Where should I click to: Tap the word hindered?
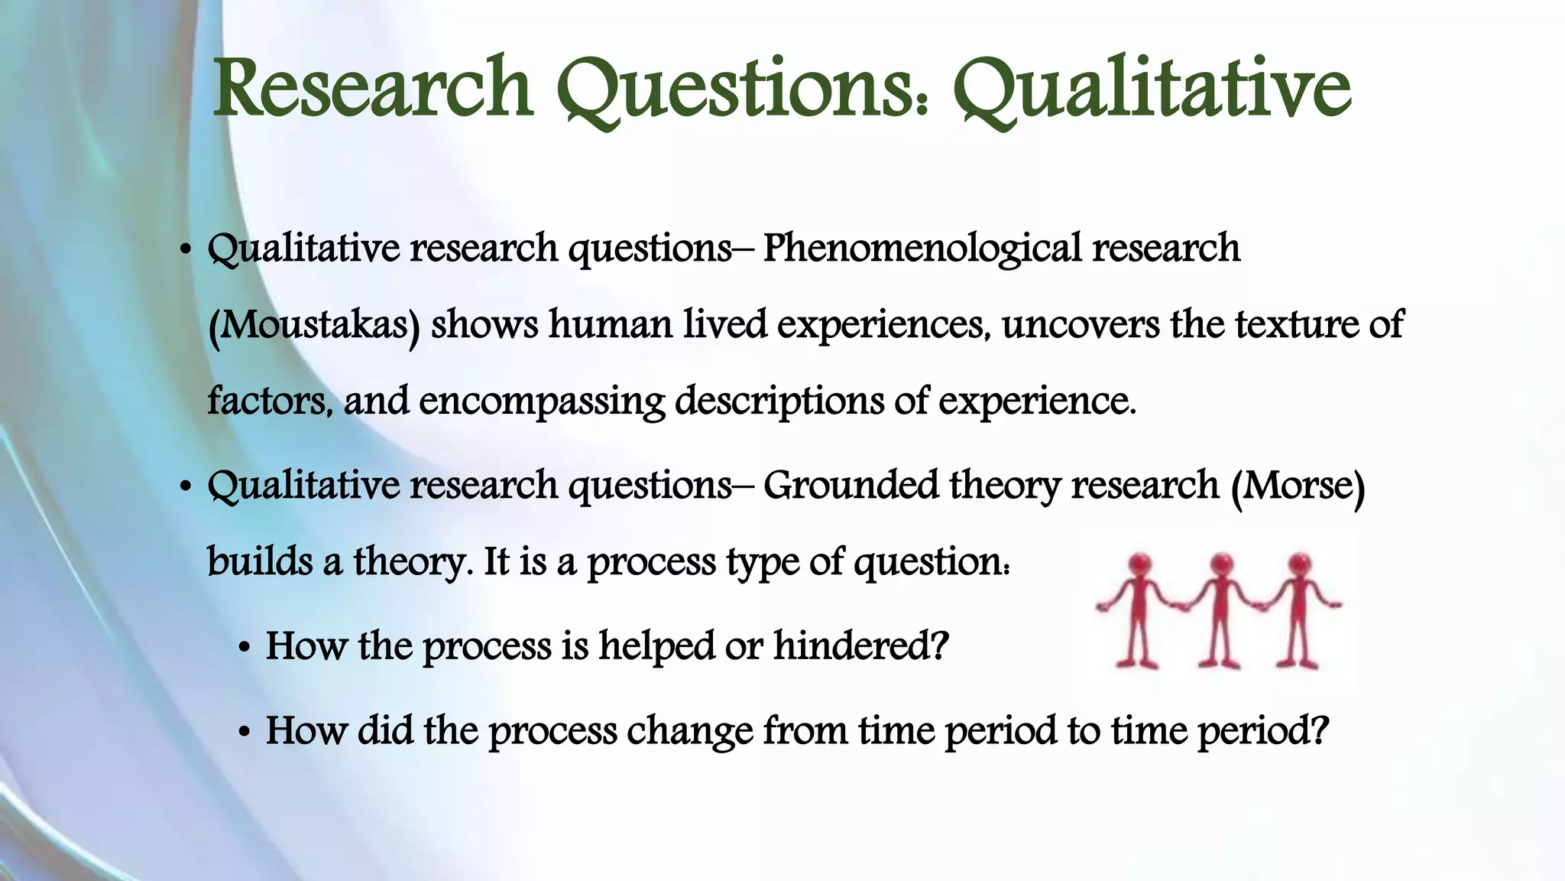[860, 646]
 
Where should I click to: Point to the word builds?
[259, 562]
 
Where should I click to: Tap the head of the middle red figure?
[1221, 564]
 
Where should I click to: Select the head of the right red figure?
[1300, 564]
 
